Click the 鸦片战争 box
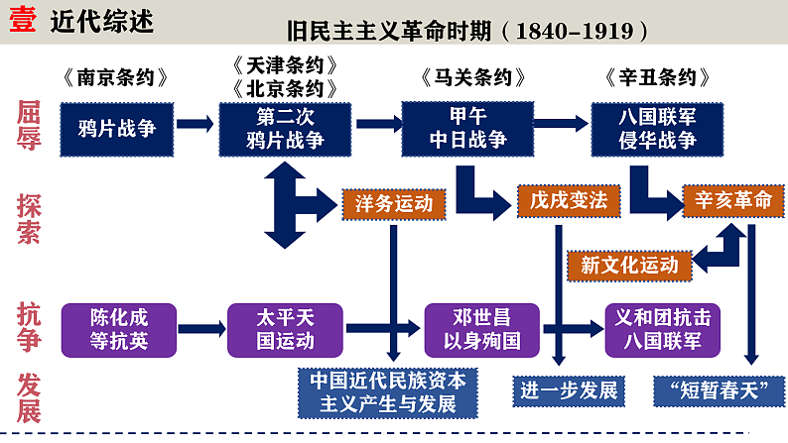click(116, 127)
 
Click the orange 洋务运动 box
click(394, 203)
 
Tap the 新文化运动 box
click(629, 265)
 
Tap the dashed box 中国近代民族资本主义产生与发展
click(387, 391)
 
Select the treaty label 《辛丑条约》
click(656, 77)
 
